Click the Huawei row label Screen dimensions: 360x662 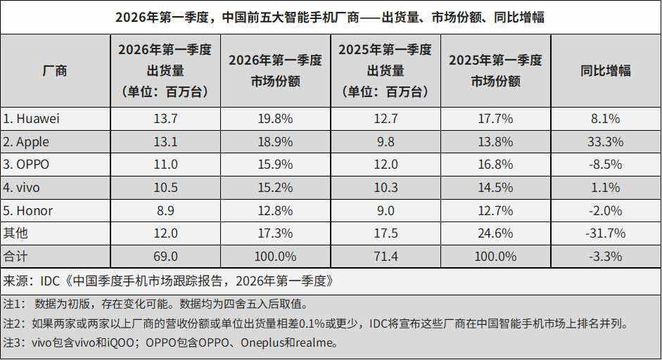coord(32,119)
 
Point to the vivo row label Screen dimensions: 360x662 coord(23,188)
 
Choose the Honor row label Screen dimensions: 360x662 coord(28,211)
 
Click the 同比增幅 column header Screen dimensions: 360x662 coord(605,70)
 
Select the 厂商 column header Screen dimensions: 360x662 coord(55,70)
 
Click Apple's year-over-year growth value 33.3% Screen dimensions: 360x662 coord(605,142)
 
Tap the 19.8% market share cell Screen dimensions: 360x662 coord(275,119)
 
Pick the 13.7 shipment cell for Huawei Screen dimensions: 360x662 coord(165,119)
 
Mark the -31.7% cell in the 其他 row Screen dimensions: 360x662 coord(605,233)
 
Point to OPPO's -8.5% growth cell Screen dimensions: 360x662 coord(605,165)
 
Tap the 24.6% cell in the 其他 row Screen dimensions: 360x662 coord(495,233)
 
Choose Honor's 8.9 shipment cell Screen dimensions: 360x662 coord(165,211)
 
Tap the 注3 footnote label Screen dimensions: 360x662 coord(14,344)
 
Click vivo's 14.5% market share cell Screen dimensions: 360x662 coord(495,188)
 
